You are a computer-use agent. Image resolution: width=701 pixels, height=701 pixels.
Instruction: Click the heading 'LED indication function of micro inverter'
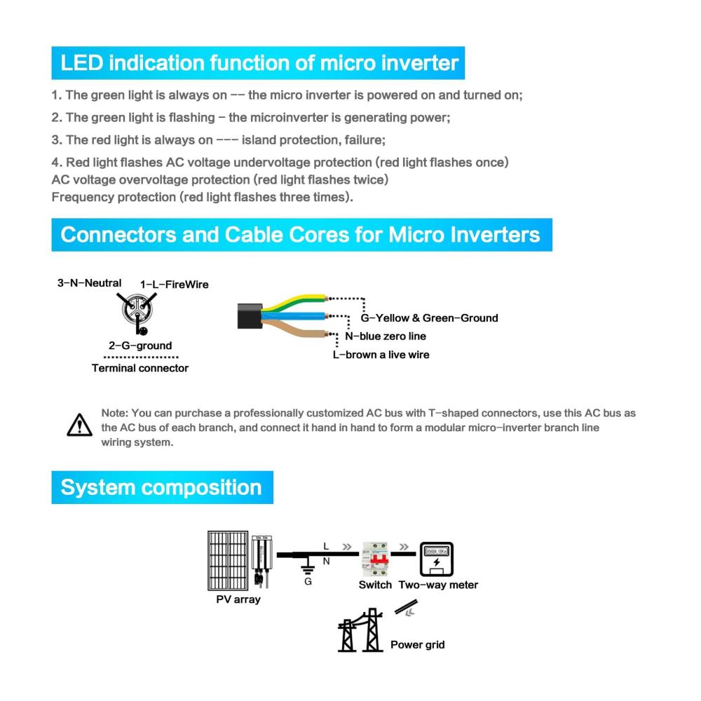[x=259, y=63]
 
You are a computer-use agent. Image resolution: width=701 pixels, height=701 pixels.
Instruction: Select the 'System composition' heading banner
[x=161, y=487]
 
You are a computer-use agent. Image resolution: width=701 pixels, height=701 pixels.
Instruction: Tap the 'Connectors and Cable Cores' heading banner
[x=301, y=234]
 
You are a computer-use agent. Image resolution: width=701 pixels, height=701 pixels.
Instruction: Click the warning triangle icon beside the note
[x=79, y=425]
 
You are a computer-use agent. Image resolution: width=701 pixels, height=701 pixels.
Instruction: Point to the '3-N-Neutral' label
[x=89, y=283]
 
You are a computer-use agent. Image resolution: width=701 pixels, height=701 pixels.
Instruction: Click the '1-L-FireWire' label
[x=175, y=285]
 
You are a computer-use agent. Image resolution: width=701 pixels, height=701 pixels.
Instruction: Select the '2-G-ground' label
[x=140, y=346]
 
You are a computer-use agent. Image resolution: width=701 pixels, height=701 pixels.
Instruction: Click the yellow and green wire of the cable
[x=294, y=302]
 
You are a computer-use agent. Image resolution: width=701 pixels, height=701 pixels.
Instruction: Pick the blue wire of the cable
[x=294, y=318]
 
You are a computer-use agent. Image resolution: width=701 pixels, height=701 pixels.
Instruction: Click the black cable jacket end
[x=250, y=316]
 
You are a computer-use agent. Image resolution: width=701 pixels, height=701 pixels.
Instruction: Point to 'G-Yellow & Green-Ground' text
[x=429, y=318]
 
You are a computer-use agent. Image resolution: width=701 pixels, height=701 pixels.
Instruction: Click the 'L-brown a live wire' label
[x=381, y=355]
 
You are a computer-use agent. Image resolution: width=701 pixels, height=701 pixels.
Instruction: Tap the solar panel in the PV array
[x=228, y=561]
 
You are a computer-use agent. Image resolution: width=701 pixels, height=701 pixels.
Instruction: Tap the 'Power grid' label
[x=417, y=644]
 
